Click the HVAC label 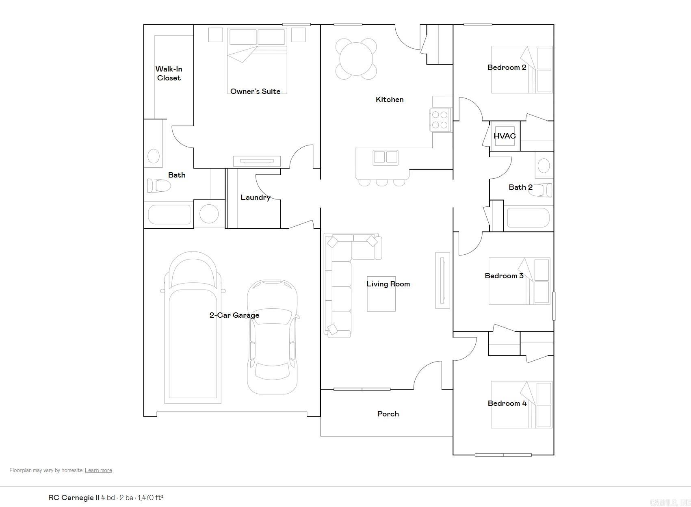[505, 136]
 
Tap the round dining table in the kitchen [356, 59]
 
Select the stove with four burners [440, 120]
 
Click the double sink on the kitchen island [386, 157]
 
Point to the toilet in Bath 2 [542, 190]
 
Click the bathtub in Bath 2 [528, 218]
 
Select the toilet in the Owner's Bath [159, 186]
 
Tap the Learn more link [98, 470]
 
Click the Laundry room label [255, 197]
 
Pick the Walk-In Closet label [169, 74]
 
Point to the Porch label [388, 414]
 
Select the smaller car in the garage [272, 337]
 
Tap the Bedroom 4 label [507, 403]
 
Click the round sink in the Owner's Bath [153, 156]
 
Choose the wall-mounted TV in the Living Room [443, 280]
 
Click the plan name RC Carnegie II [74, 498]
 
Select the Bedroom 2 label [507, 67]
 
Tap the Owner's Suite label [255, 91]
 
